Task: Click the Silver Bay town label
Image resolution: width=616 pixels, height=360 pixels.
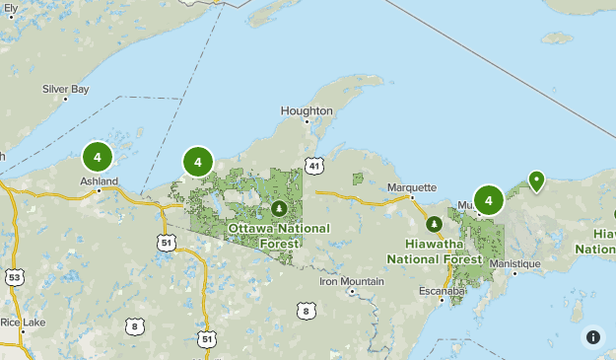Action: (65, 89)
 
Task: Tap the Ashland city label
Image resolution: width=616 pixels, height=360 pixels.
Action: (99, 181)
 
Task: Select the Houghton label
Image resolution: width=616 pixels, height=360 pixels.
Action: (307, 110)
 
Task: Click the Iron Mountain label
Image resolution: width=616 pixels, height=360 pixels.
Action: (352, 281)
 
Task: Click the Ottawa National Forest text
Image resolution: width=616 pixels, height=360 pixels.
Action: (279, 235)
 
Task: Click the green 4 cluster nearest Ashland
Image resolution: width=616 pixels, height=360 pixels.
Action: (97, 156)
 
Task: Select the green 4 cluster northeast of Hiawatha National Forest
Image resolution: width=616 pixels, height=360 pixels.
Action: (488, 200)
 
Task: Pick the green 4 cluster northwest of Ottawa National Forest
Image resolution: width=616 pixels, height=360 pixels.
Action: (198, 162)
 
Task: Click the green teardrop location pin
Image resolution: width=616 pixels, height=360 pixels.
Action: (536, 180)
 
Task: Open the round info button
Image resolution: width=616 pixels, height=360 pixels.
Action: (593, 336)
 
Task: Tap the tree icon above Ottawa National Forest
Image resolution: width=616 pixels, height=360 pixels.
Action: (279, 208)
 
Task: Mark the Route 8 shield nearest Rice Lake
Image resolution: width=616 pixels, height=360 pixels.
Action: (133, 325)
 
